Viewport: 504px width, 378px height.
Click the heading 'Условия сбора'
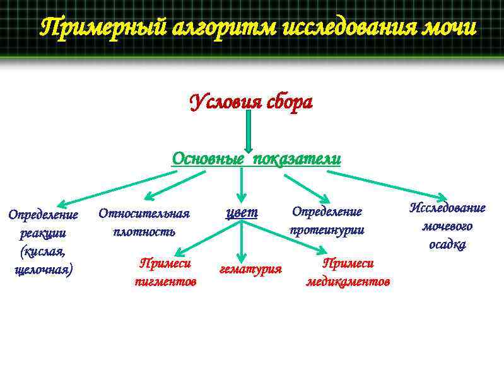[x=251, y=102]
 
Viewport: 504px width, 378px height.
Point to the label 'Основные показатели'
[x=257, y=159]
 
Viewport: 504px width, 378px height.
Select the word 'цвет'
[x=242, y=212]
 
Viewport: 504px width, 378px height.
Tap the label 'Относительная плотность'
[x=144, y=222]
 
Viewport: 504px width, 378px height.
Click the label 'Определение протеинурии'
[x=327, y=220]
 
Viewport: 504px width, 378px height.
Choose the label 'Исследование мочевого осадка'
[x=447, y=226]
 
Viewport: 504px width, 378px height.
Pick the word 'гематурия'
[x=250, y=270]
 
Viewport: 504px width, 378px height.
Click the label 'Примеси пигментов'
[x=165, y=272]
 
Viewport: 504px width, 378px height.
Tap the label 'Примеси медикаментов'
[x=348, y=272]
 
